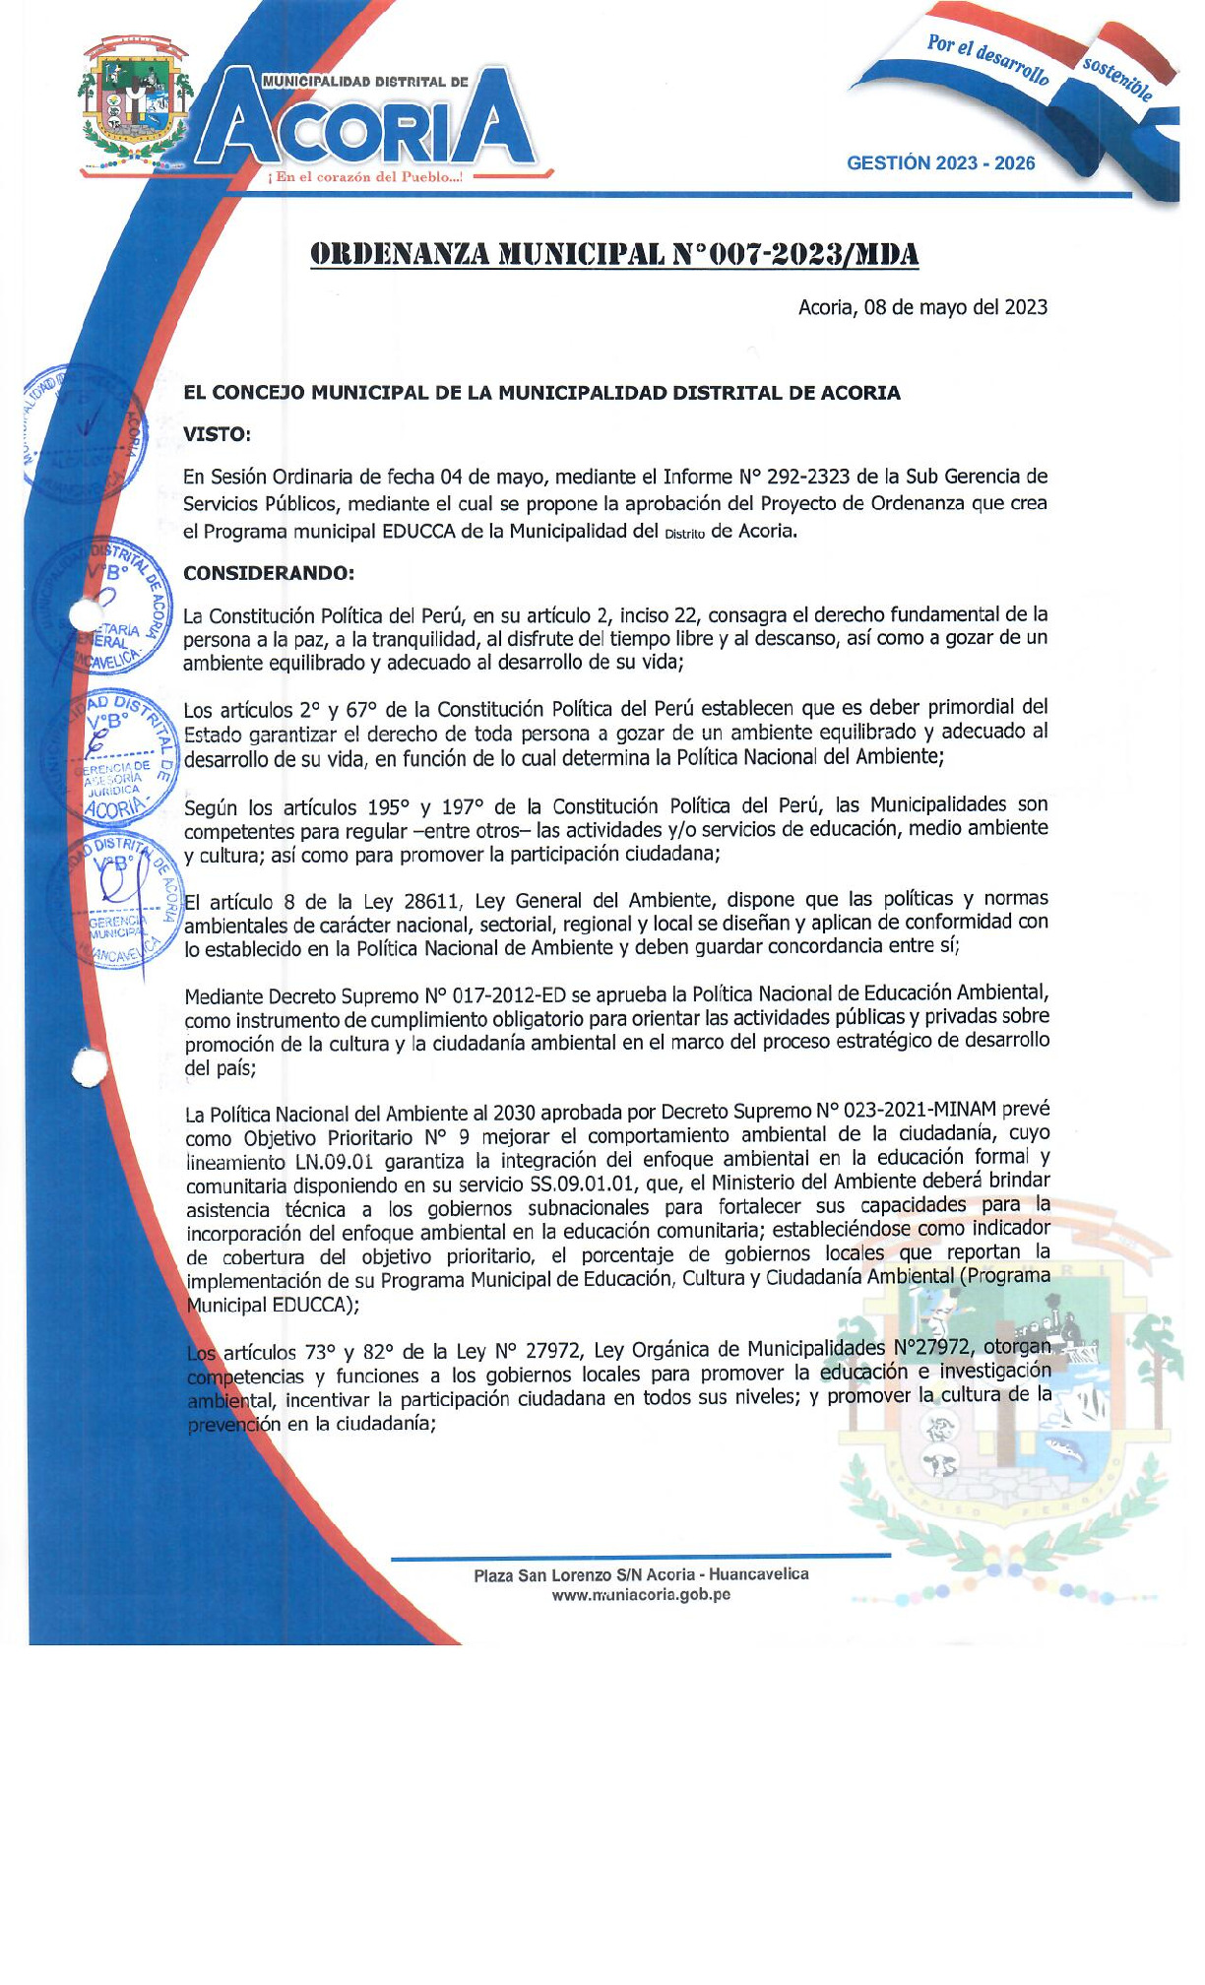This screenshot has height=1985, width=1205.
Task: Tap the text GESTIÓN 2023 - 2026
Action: [940, 163]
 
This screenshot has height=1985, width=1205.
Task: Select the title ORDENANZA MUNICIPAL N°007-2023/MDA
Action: [615, 254]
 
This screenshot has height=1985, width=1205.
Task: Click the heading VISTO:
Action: [217, 434]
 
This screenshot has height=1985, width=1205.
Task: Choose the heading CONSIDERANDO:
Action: [268, 573]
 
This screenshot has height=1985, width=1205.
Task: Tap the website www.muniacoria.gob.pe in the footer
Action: [641, 1595]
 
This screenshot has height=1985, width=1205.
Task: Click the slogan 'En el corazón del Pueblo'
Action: [366, 177]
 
